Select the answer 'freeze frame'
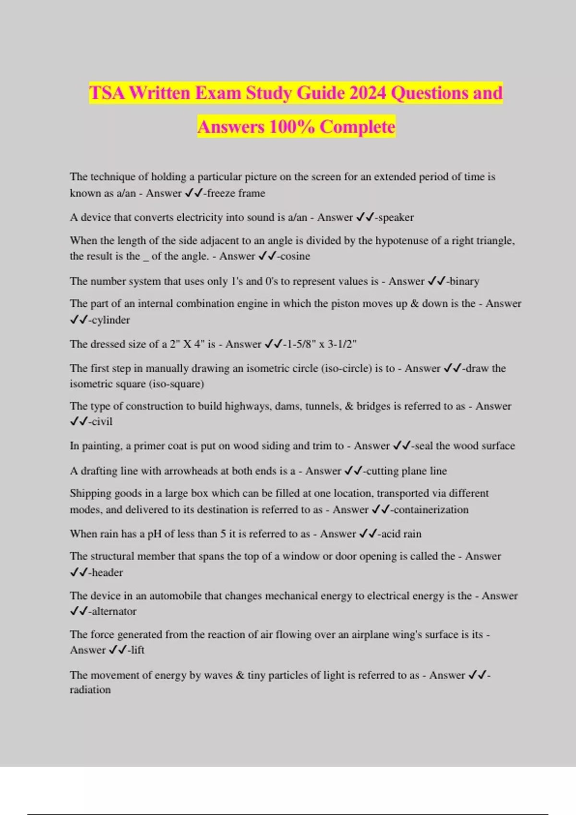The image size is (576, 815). click(x=236, y=193)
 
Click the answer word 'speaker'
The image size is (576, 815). click(x=396, y=218)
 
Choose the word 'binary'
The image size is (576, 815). click(x=464, y=281)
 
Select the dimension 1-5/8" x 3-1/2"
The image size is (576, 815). click(x=321, y=344)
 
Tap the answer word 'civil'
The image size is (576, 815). click(x=102, y=421)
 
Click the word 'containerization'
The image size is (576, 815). click(x=431, y=510)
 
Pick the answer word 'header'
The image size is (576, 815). click(x=107, y=572)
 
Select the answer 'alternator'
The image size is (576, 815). click(x=114, y=611)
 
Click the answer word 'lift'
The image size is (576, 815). click(x=137, y=650)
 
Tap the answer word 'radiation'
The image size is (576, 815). click(x=90, y=690)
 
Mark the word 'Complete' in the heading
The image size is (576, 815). click(x=358, y=127)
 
